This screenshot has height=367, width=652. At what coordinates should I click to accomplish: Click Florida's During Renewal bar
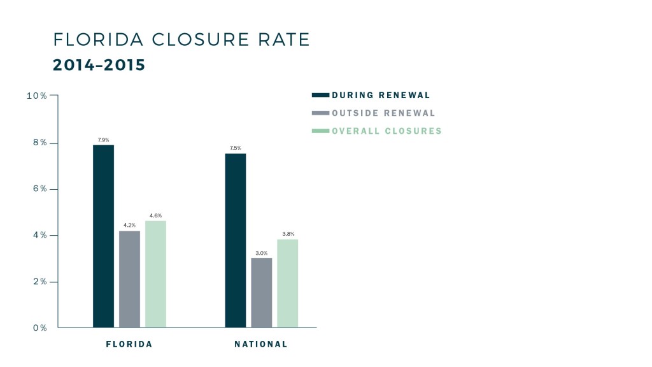tap(103, 236)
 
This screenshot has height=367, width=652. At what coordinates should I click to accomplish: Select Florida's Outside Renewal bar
tap(129, 279)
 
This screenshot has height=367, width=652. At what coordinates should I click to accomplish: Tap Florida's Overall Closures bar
tap(155, 274)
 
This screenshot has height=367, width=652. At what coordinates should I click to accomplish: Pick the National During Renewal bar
tap(236, 240)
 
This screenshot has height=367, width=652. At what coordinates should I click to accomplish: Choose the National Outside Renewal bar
tap(261, 292)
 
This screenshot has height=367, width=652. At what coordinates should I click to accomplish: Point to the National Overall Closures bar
tap(287, 284)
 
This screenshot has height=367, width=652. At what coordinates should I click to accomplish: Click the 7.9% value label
tap(103, 140)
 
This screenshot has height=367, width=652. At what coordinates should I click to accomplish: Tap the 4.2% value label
tap(129, 226)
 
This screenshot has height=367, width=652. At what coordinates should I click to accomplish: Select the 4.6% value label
tap(155, 216)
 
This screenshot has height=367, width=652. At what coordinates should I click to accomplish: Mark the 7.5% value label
tap(236, 148)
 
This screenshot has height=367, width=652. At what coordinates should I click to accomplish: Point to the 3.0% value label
tap(261, 253)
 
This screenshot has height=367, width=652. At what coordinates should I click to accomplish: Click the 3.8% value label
tap(287, 234)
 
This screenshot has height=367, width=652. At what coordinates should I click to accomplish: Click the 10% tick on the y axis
tap(36, 96)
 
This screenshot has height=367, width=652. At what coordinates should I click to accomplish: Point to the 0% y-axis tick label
tap(39, 328)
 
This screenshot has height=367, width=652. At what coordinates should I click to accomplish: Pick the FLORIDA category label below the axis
tap(129, 344)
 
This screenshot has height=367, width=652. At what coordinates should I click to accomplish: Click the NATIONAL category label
tap(261, 344)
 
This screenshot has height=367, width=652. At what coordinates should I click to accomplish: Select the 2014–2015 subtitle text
tap(99, 66)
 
